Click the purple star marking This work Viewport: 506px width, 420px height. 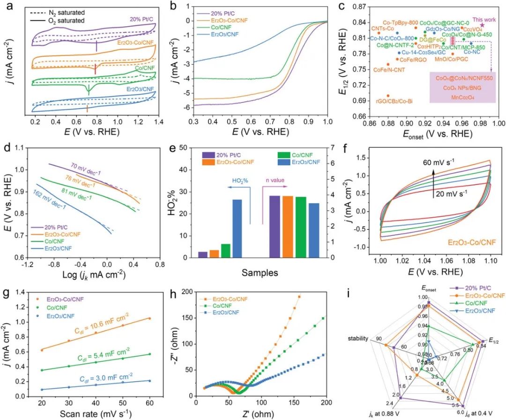[x=482, y=25]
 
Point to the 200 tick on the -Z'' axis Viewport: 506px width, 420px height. [x=187, y=292]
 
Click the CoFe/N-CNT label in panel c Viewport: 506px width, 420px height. [x=389, y=70]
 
